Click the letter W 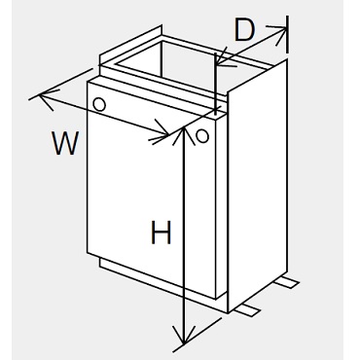pos(65,143)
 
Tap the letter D pos(244,30)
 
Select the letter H pos(161,232)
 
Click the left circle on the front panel pos(99,104)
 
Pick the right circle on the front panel pos(202,135)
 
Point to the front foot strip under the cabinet pos(248,309)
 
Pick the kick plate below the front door pos(162,285)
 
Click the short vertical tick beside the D pos(287,34)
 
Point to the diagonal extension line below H pos(198,335)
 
